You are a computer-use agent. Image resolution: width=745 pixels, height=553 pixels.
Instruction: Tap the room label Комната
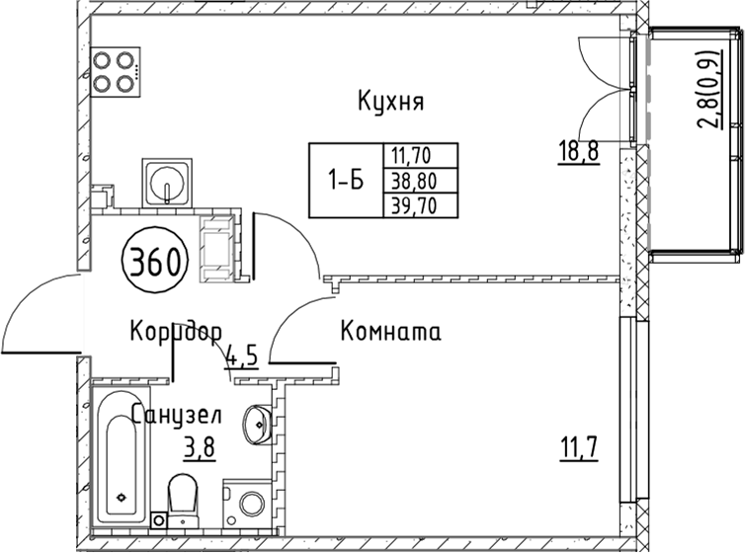pos(389,332)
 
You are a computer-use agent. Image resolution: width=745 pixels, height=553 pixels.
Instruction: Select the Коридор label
pos(175,331)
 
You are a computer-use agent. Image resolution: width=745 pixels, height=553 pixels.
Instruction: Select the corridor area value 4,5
pos(242,355)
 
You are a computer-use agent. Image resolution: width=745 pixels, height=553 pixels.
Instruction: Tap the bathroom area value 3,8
pos(199,447)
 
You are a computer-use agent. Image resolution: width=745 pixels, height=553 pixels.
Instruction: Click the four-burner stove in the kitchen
pos(114,72)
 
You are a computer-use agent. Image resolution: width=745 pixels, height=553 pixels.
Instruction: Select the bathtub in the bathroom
pos(121,460)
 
